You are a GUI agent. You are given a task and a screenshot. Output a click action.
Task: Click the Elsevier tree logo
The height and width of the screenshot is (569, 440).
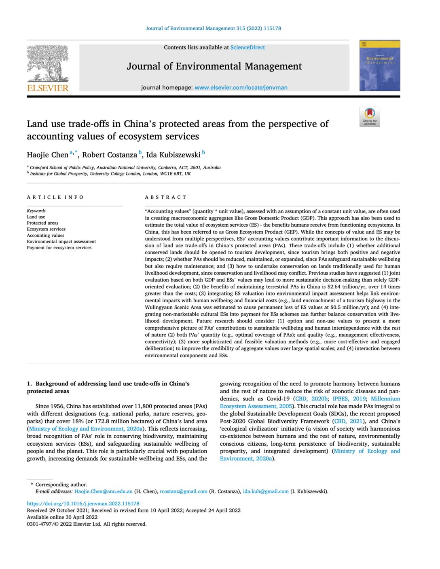click(48, 63)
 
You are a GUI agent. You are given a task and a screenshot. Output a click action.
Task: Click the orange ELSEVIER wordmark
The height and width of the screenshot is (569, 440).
click(48, 88)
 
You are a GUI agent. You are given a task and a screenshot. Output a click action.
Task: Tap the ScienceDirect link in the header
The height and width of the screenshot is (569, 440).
click(247, 48)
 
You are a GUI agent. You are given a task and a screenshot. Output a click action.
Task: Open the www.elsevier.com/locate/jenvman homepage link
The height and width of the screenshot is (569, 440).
click(241, 88)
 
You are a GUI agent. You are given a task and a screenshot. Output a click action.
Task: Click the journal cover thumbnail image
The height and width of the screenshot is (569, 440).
click(380, 65)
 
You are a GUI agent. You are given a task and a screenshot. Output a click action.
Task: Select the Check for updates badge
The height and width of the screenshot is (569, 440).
click(370, 117)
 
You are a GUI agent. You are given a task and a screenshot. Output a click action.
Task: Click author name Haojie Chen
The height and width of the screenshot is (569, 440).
click(48, 155)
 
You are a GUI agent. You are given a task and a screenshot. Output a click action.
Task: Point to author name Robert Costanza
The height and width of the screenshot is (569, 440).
click(110, 155)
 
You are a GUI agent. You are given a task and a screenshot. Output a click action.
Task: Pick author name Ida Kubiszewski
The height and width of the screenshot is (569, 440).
click(173, 155)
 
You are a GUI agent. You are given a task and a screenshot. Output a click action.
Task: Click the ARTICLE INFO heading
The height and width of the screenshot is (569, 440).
click(55, 197)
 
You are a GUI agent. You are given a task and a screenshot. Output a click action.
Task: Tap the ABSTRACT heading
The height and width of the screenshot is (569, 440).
click(166, 197)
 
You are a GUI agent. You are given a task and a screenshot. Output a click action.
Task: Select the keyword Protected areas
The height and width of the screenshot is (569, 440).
click(42, 223)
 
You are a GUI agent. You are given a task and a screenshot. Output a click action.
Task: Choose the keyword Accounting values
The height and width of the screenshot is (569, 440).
click(46, 235)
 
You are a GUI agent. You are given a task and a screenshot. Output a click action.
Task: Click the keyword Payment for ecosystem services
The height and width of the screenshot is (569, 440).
click(59, 248)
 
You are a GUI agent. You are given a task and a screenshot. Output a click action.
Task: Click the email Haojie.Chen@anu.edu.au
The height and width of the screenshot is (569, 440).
click(104, 491)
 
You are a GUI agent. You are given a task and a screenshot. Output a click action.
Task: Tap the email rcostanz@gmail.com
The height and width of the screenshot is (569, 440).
click(184, 491)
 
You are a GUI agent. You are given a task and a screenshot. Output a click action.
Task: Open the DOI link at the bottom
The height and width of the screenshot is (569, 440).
click(83, 504)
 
